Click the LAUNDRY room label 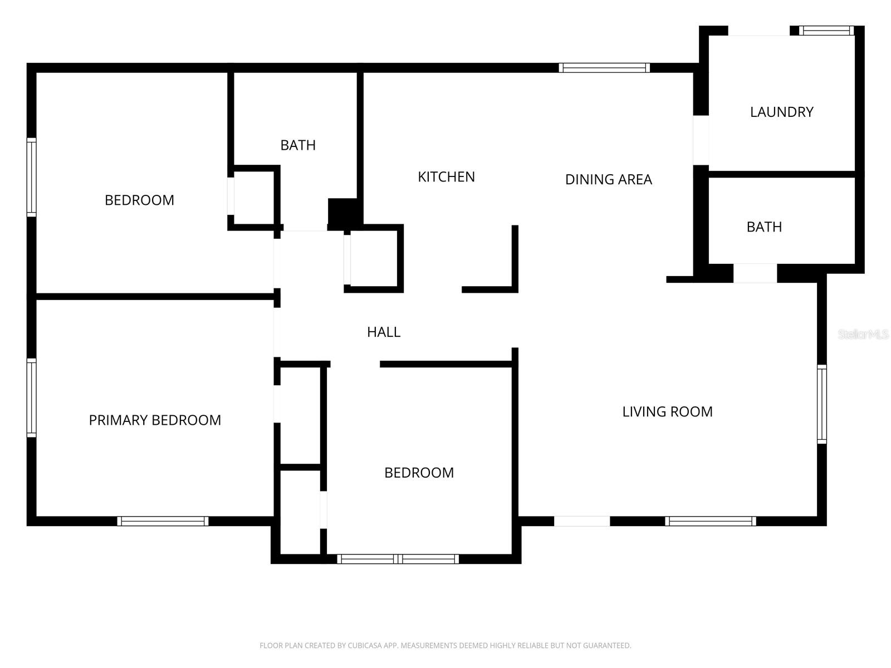[x=781, y=112]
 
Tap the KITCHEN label [x=446, y=177]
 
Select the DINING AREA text [x=609, y=179]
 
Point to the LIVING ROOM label [x=667, y=412]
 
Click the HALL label [x=384, y=332]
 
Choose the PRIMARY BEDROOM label [x=155, y=420]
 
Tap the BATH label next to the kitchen [x=298, y=145]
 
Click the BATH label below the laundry [x=765, y=227]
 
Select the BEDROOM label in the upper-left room [x=139, y=200]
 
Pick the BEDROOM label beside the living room [x=419, y=473]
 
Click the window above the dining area [x=604, y=68]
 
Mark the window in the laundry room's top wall [x=826, y=31]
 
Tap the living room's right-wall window [x=821, y=404]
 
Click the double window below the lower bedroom [x=398, y=559]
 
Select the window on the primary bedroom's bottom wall [x=163, y=521]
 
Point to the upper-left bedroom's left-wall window [x=32, y=177]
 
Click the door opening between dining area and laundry [x=701, y=140]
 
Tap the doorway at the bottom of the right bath [x=755, y=273]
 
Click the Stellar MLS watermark [x=863, y=334]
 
